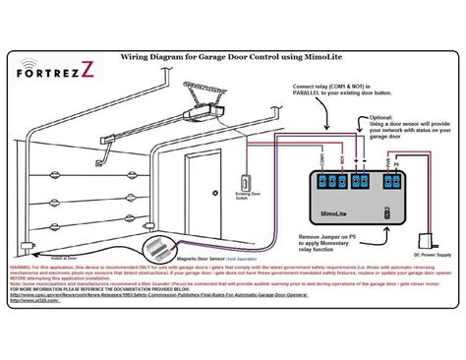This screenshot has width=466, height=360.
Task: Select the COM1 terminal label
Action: [322, 158]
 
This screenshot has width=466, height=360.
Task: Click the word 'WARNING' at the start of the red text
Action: [22, 267]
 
